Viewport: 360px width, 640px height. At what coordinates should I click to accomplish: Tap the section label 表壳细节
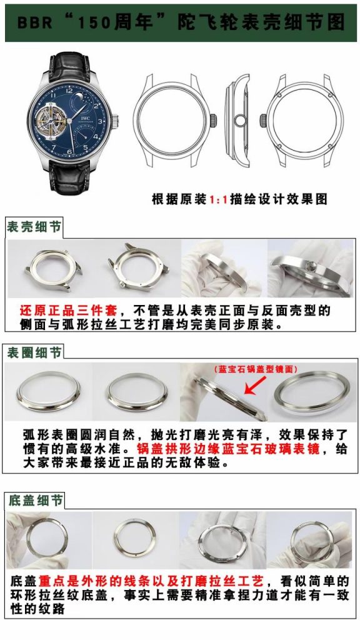pos(34,227)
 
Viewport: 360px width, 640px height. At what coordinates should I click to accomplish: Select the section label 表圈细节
pos(34,353)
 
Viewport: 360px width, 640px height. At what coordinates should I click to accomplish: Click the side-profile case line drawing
pos(236,118)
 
